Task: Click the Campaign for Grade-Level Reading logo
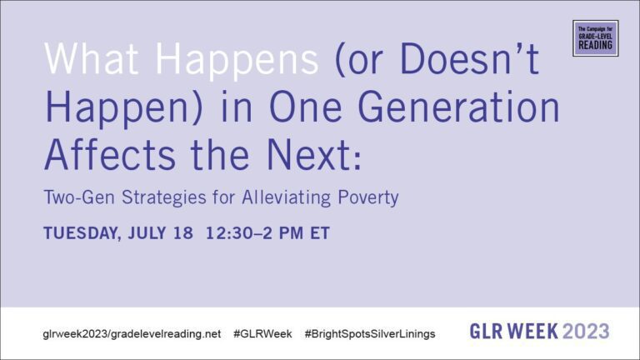[596, 38]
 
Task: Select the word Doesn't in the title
[470, 59]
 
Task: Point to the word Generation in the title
[458, 107]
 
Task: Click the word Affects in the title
[110, 156]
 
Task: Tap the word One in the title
[306, 107]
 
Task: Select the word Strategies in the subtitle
[164, 198]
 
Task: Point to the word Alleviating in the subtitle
[286, 198]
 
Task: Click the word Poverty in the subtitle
[367, 198]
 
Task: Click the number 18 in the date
[182, 233]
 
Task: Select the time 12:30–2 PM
[255, 233]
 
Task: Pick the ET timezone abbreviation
[320, 233]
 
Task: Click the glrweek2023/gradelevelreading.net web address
[132, 334]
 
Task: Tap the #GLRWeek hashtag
[262, 334]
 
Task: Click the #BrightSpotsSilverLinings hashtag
[370, 334]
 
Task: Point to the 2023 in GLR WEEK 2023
[586, 331]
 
